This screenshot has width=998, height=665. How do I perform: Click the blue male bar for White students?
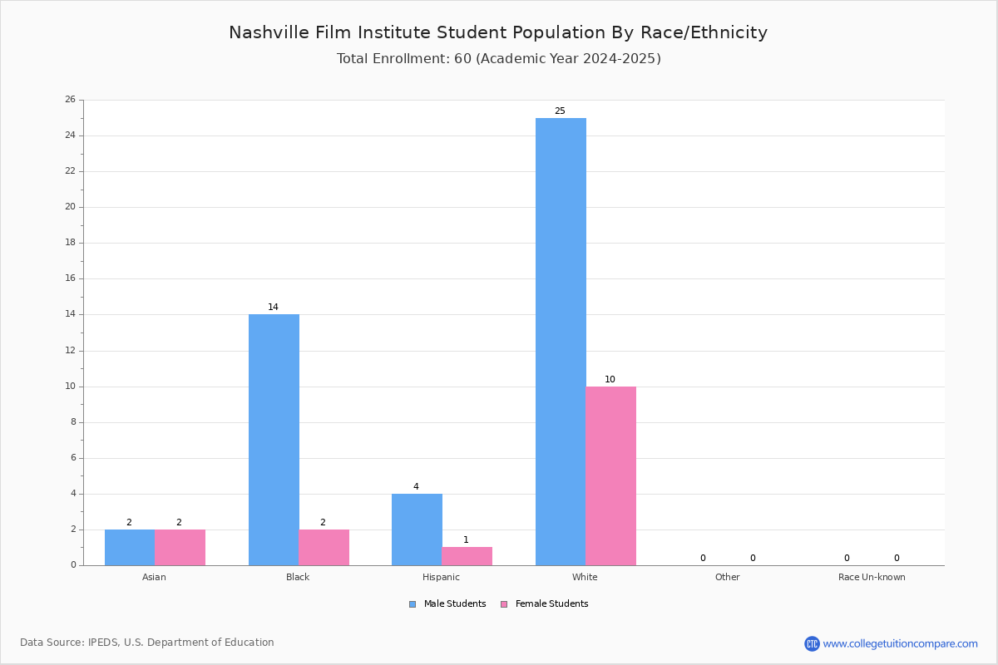561,342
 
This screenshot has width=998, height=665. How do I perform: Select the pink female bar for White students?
610,476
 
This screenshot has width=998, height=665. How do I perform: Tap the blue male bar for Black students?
274,440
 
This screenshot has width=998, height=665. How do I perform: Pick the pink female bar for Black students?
324,548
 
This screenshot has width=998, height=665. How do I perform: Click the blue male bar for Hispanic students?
417,530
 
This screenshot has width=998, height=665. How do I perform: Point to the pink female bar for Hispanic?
467,556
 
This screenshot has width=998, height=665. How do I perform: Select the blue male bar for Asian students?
130,548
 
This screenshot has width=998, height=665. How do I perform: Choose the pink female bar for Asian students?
180,548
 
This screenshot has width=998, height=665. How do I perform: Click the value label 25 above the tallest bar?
560,111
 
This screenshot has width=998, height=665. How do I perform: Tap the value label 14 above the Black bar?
273,307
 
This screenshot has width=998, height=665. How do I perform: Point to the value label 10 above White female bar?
610,380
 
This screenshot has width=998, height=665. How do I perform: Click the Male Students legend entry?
447,604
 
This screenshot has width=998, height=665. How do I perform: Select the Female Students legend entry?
545,604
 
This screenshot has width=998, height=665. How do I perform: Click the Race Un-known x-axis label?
872,577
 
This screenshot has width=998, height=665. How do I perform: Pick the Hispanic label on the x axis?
441,577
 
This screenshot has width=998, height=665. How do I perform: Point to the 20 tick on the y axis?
71,207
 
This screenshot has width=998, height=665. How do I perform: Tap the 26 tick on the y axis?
71,99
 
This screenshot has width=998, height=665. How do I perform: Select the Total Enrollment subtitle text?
498,59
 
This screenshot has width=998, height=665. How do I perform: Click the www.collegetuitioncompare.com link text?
901,644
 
